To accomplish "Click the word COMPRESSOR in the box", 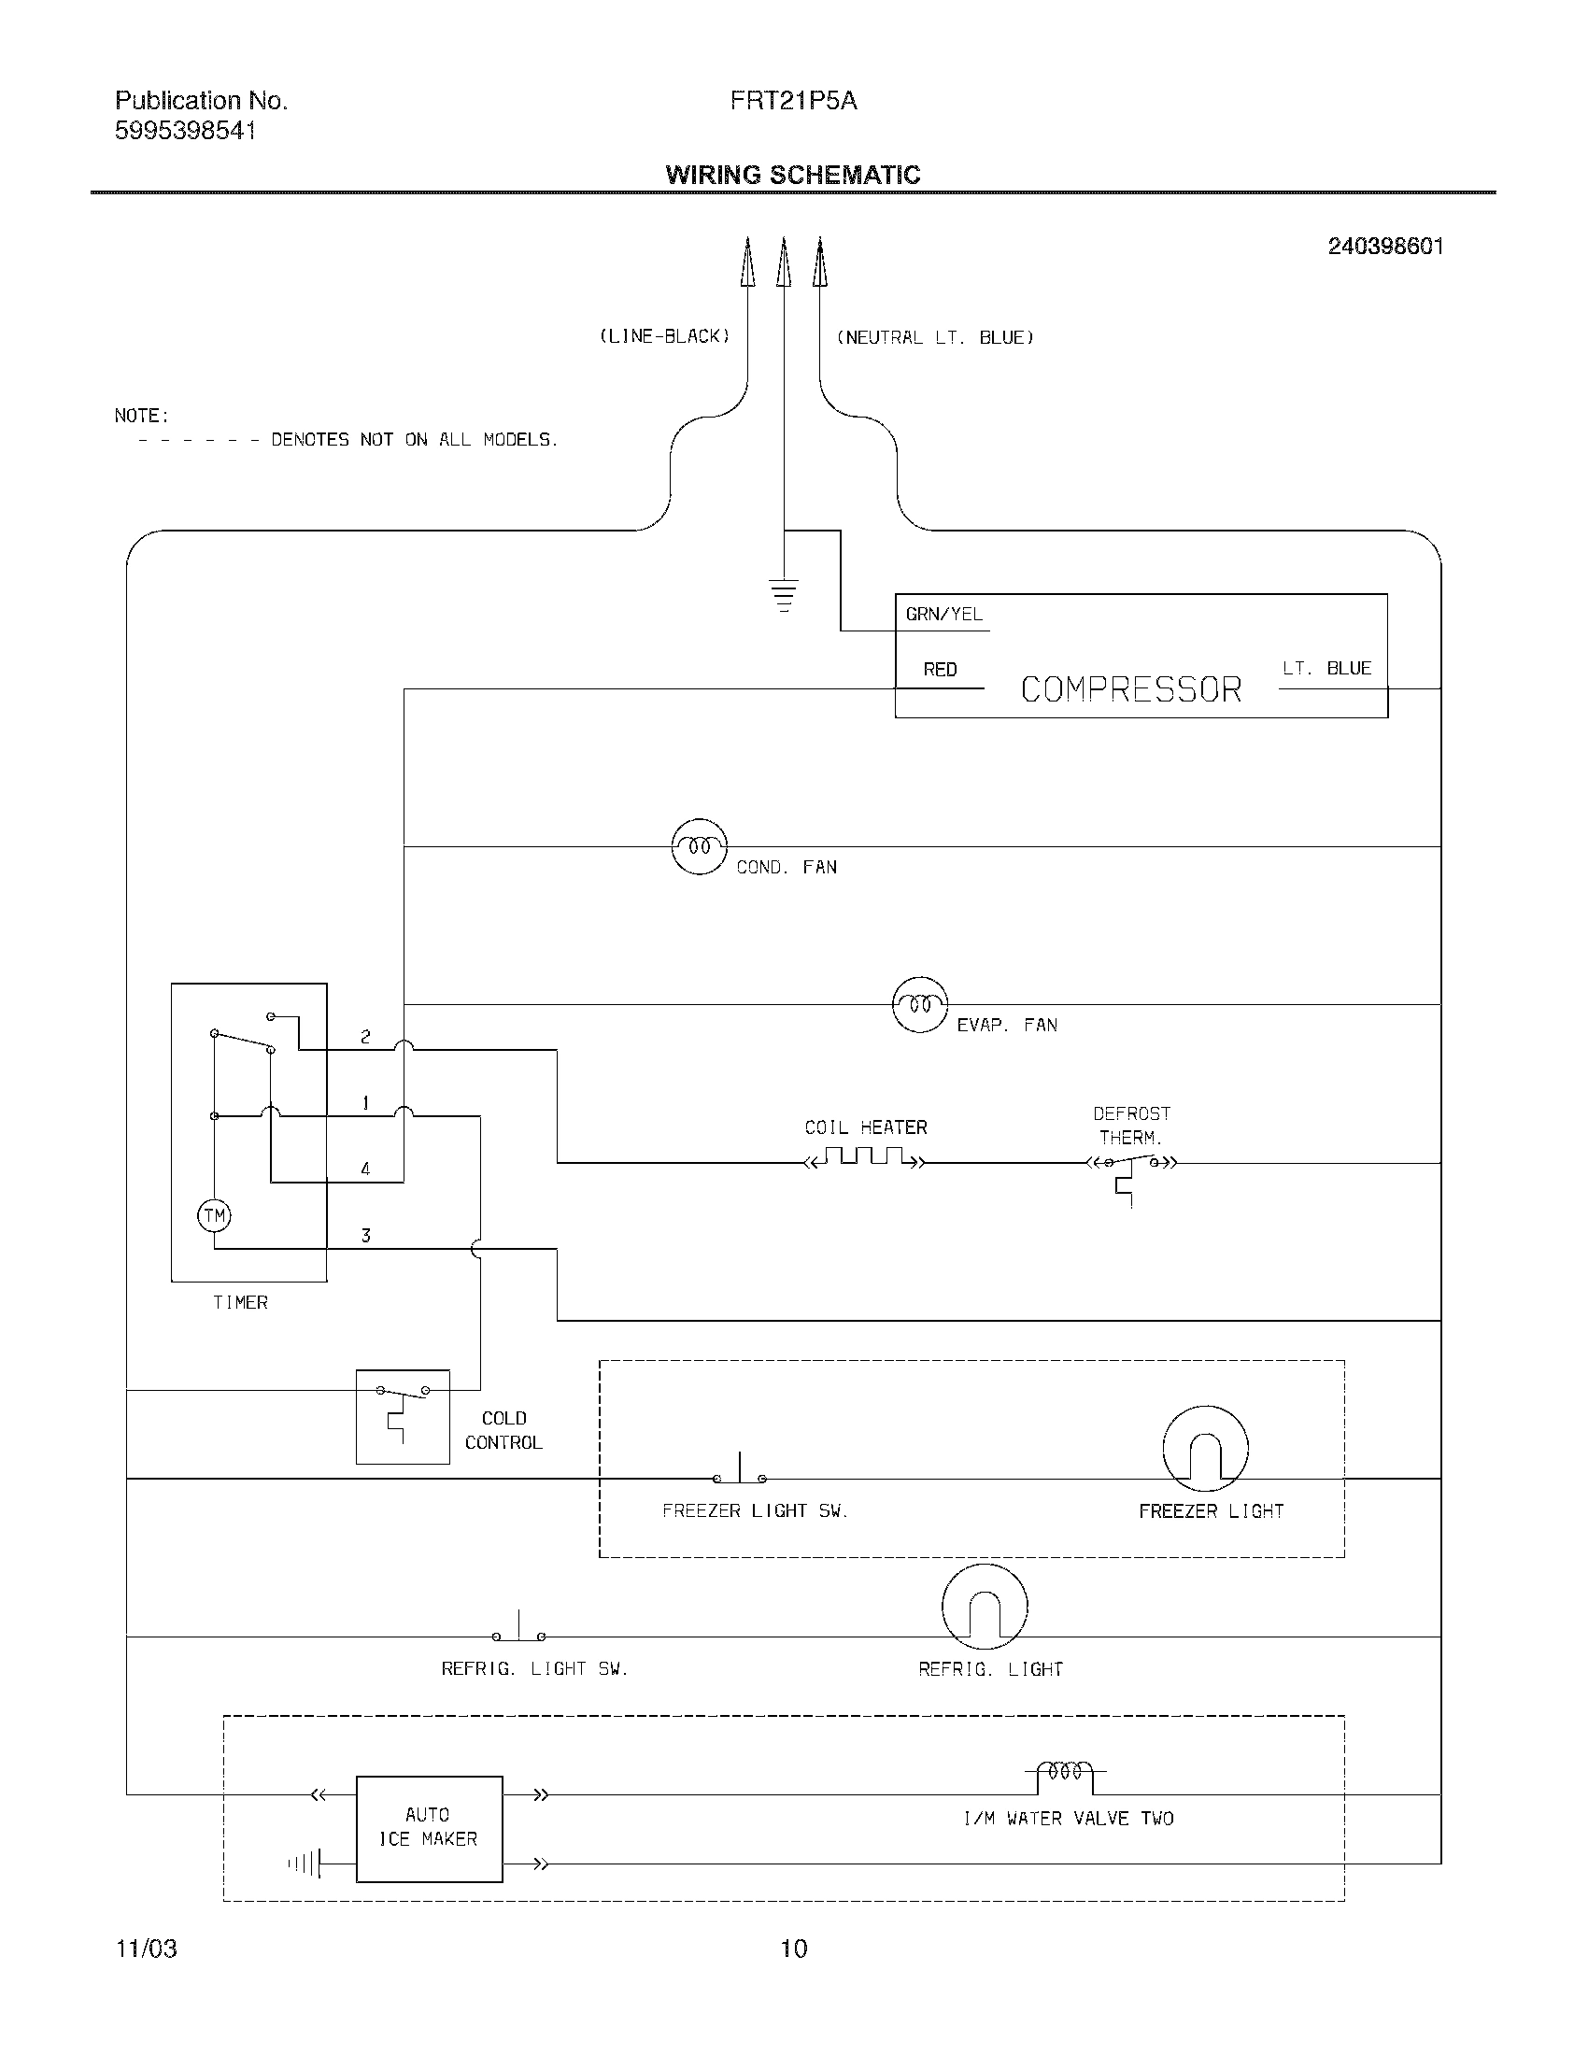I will (x=1131, y=689).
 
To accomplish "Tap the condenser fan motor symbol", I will (x=699, y=847).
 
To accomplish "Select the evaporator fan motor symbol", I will (x=919, y=1005).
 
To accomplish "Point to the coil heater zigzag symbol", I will (x=866, y=1157).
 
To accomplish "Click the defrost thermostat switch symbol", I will (x=1132, y=1167).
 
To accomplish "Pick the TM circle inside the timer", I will (x=215, y=1215).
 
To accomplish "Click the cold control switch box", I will (x=403, y=1417).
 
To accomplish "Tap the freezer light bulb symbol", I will (x=1205, y=1449).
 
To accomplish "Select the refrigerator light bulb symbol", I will (x=984, y=1608).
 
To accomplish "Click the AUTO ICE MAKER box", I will (x=429, y=1828).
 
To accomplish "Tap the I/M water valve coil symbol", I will (x=1065, y=1771).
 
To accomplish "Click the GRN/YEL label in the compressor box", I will (x=943, y=615).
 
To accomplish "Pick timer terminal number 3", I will (x=366, y=1236).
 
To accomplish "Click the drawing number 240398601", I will (x=1384, y=247).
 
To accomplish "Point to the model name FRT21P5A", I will (x=793, y=101).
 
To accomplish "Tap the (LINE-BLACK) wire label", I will (x=664, y=337).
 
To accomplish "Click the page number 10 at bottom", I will (x=794, y=1949).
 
